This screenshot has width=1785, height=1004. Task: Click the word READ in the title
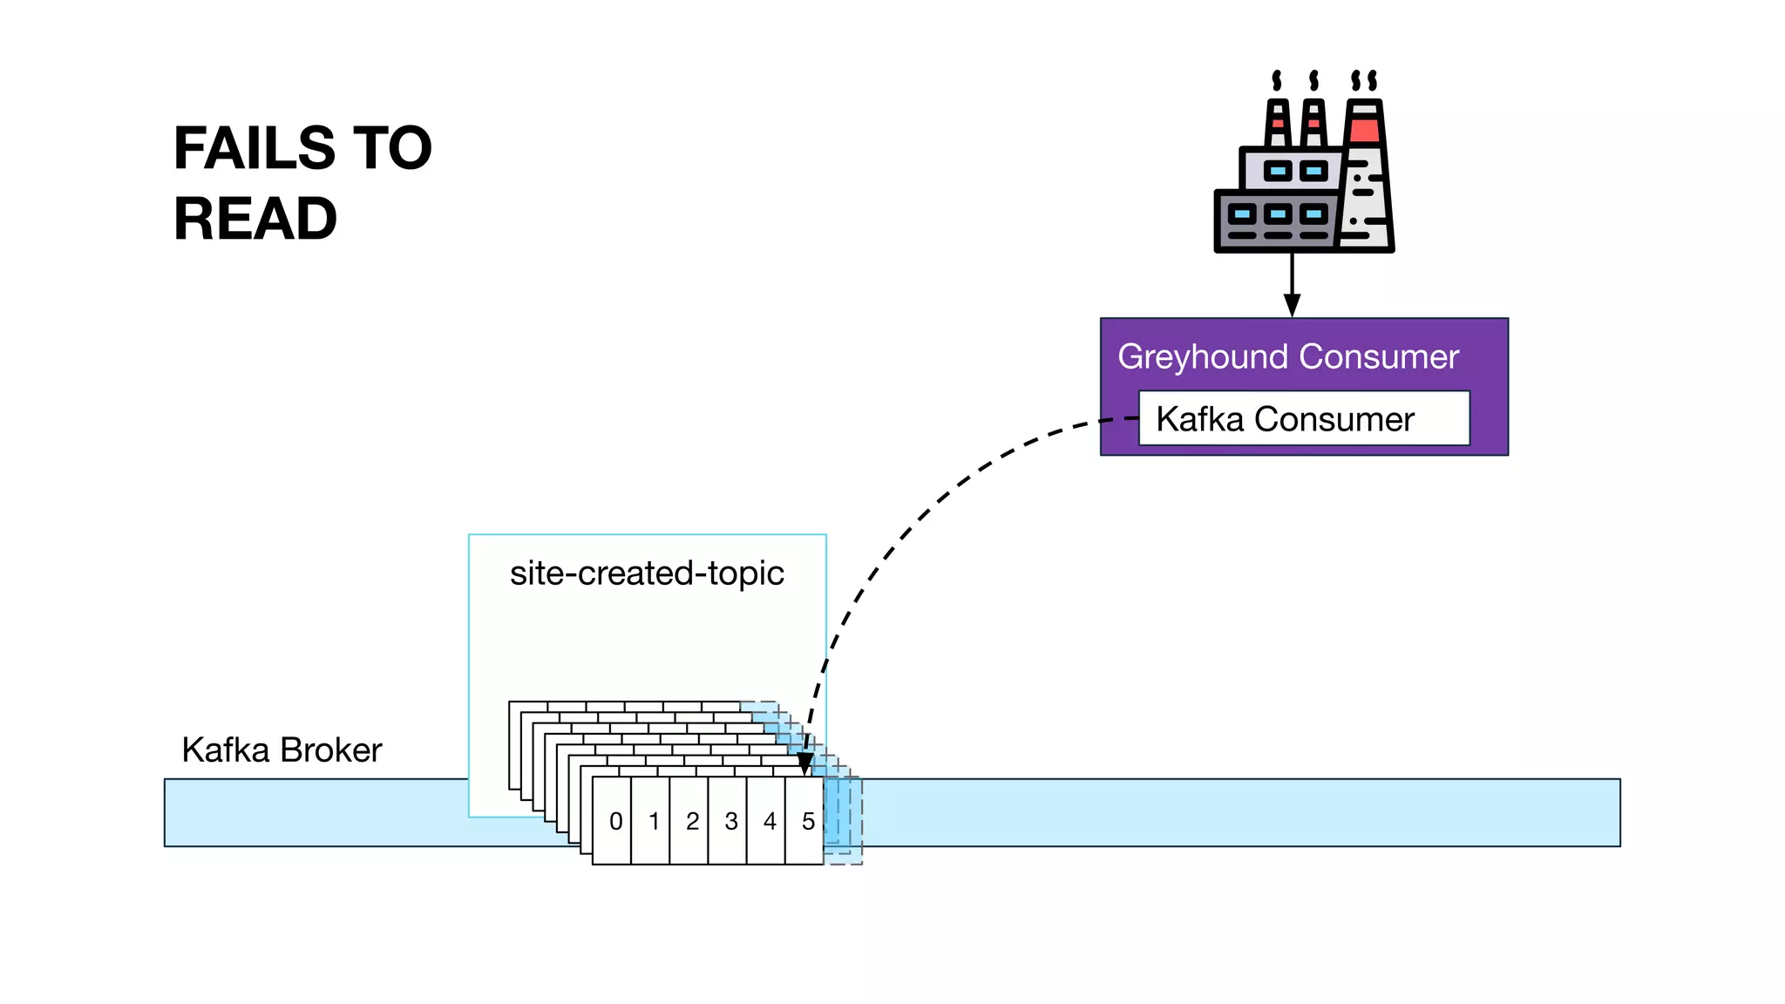[255, 219]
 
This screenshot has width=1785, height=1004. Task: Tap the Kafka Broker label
[282, 750]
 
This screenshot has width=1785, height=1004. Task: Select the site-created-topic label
[647, 573]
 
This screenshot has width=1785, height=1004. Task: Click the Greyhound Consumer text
[1287, 356]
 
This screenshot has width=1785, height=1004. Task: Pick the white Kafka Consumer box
[1303, 419]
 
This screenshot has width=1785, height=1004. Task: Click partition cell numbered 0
[614, 821]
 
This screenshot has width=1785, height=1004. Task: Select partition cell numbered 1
[653, 821]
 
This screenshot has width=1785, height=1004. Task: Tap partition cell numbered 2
[691, 821]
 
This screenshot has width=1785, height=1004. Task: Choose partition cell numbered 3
[730, 821]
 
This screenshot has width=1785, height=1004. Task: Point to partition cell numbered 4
[769, 821]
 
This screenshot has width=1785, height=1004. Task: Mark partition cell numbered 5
[807, 821]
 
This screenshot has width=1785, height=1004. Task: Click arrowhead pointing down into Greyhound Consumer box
[1292, 305]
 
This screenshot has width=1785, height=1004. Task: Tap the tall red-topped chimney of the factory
[1365, 174]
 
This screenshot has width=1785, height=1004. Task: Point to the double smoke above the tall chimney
[1364, 81]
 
